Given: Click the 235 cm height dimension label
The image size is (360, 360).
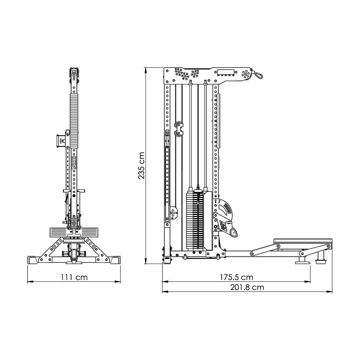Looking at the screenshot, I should (141, 166).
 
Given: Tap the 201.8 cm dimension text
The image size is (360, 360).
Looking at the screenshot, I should (247, 287).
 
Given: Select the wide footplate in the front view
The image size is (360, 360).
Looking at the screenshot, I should (74, 232).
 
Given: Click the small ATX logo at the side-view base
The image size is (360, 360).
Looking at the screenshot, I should (167, 258).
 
